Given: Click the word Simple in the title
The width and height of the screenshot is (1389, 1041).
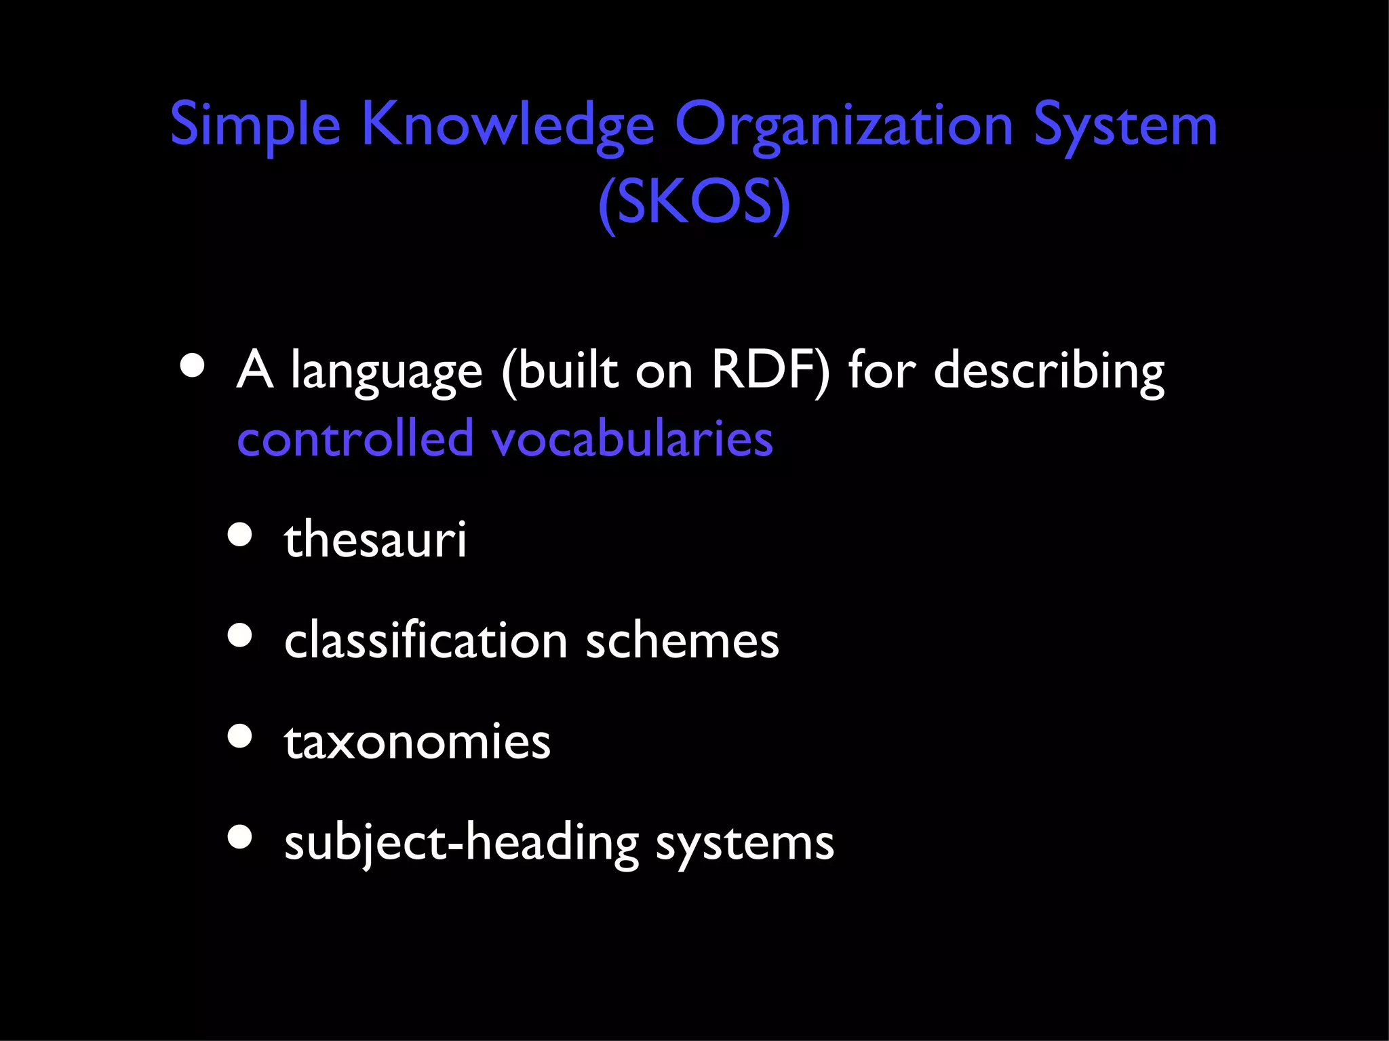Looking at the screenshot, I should tap(254, 126).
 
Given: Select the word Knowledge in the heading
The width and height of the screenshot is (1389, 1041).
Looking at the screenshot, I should tap(507, 126).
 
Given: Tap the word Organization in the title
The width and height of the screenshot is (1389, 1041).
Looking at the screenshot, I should tap(843, 126).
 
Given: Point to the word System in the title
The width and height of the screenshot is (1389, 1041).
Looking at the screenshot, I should tap(1125, 126).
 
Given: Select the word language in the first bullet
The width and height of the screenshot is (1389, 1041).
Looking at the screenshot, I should tap(387, 373).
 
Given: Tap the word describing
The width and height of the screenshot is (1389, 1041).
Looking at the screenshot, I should tap(1049, 373).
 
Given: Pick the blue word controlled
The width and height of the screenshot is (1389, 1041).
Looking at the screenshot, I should tap(355, 438).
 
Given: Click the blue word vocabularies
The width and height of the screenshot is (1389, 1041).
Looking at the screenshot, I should tap(632, 438).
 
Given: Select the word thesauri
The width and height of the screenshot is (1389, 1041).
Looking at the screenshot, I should tap(375, 539).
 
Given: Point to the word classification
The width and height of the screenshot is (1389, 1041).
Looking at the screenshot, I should tap(425, 640).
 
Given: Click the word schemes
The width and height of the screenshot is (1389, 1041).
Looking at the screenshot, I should tap(682, 640).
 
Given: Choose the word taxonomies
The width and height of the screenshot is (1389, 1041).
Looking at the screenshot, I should tap(417, 741).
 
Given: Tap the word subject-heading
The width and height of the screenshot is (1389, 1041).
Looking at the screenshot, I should tap(461, 844).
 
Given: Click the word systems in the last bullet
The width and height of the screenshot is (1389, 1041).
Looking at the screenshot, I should tap(745, 844).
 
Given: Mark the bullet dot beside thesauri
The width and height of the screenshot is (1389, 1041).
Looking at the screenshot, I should tap(240, 535).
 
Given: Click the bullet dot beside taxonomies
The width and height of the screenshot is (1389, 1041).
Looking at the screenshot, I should tap(240, 737).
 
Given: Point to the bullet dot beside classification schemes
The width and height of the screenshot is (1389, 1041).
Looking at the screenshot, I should tap(240, 636).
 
